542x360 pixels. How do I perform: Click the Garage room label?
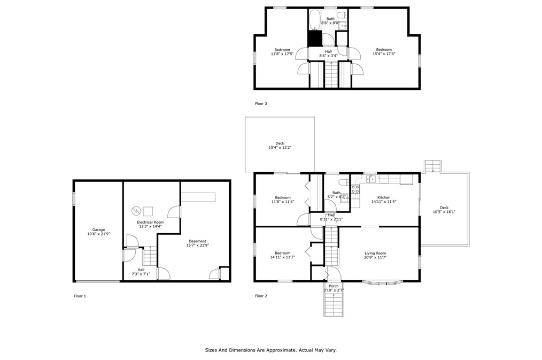click(x=98, y=229)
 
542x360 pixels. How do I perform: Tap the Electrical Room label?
click(x=150, y=222)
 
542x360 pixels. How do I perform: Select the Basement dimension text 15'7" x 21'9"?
click(x=198, y=245)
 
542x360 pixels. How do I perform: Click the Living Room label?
click(x=375, y=253)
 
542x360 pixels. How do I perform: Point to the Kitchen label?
click(x=384, y=197)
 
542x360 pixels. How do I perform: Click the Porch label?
click(x=334, y=286)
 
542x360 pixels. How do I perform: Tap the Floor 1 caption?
click(x=80, y=296)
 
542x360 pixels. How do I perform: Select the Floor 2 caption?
click(x=261, y=296)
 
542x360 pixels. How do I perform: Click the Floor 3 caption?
click(x=261, y=103)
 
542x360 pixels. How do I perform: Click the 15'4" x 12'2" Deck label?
click(x=280, y=145)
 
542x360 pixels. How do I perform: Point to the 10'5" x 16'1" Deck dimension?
click(x=444, y=212)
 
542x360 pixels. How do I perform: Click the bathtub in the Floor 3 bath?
click(x=314, y=20)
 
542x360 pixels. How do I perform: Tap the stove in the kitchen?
click(x=355, y=189)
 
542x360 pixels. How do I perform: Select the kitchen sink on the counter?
click(x=371, y=179)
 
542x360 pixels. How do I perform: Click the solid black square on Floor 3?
click(x=314, y=39)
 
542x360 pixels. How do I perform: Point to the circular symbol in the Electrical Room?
click(x=136, y=211)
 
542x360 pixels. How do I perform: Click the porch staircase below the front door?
click(x=334, y=304)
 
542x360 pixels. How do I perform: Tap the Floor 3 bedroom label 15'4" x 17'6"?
click(x=384, y=51)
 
